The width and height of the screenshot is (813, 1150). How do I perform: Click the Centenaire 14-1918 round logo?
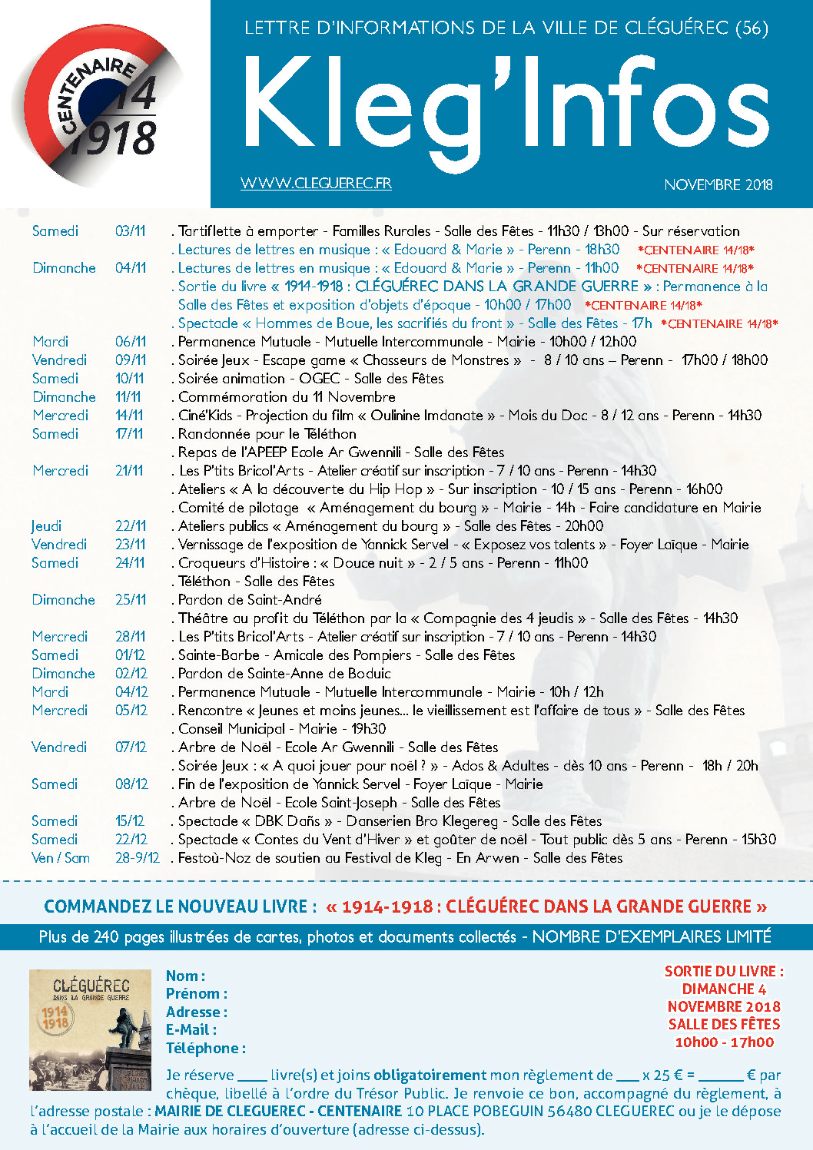click(x=100, y=104)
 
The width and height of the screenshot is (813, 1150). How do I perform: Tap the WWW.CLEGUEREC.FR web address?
click(x=316, y=184)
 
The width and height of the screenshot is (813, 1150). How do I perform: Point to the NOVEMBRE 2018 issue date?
click(x=718, y=184)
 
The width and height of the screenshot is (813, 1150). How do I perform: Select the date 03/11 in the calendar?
click(x=130, y=231)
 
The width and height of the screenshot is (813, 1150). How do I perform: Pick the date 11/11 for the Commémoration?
click(x=128, y=397)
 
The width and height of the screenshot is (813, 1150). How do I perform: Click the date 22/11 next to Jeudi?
click(x=131, y=526)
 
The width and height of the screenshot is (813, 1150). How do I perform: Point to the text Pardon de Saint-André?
click(x=250, y=600)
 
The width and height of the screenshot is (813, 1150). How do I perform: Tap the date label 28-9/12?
click(x=138, y=858)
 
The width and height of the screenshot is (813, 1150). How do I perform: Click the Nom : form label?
click(x=185, y=976)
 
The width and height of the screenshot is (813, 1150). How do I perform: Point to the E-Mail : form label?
click(x=191, y=1030)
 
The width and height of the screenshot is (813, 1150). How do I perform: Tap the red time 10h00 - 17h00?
click(x=724, y=1042)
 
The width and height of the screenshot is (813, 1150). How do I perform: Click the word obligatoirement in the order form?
click(x=430, y=1075)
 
